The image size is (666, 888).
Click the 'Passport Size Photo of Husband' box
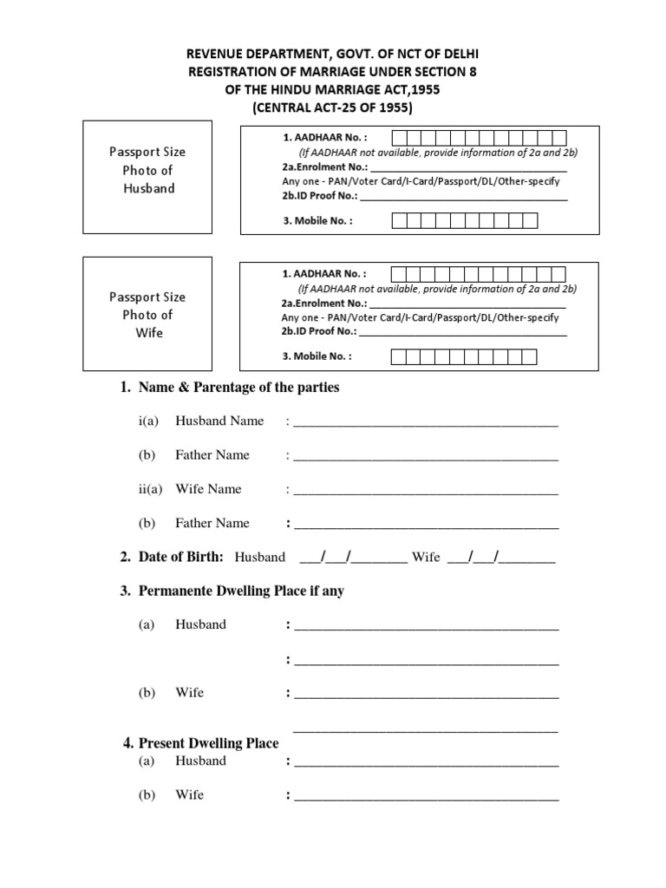(x=147, y=170)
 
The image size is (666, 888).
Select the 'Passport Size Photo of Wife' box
(x=147, y=314)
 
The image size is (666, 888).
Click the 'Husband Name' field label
(x=219, y=421)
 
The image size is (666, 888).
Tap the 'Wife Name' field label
(x=208, y=489)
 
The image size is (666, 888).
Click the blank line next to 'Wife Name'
(x=426, y=491)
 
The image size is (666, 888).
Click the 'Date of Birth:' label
(x=180, y=557)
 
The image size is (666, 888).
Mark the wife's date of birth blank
(x=501, y=558)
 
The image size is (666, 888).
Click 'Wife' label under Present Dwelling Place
(x=189, y=794)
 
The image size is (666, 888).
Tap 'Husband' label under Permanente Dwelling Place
(x=200, y=624)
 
